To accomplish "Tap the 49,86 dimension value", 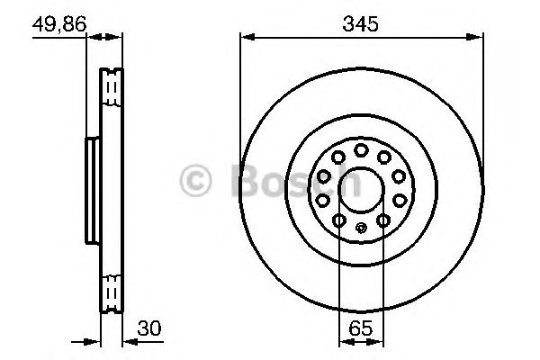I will (58, 24).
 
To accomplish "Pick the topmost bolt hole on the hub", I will (361, 149).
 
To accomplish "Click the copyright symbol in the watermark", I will (197, 181).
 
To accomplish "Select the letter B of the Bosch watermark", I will (246, 181).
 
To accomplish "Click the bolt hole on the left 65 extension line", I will (339, 220).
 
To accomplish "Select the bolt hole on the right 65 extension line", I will (382, 220).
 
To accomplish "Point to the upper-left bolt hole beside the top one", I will (337, 157).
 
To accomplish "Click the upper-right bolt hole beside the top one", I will (384, 157).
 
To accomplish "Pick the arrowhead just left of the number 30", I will (126, 342).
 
